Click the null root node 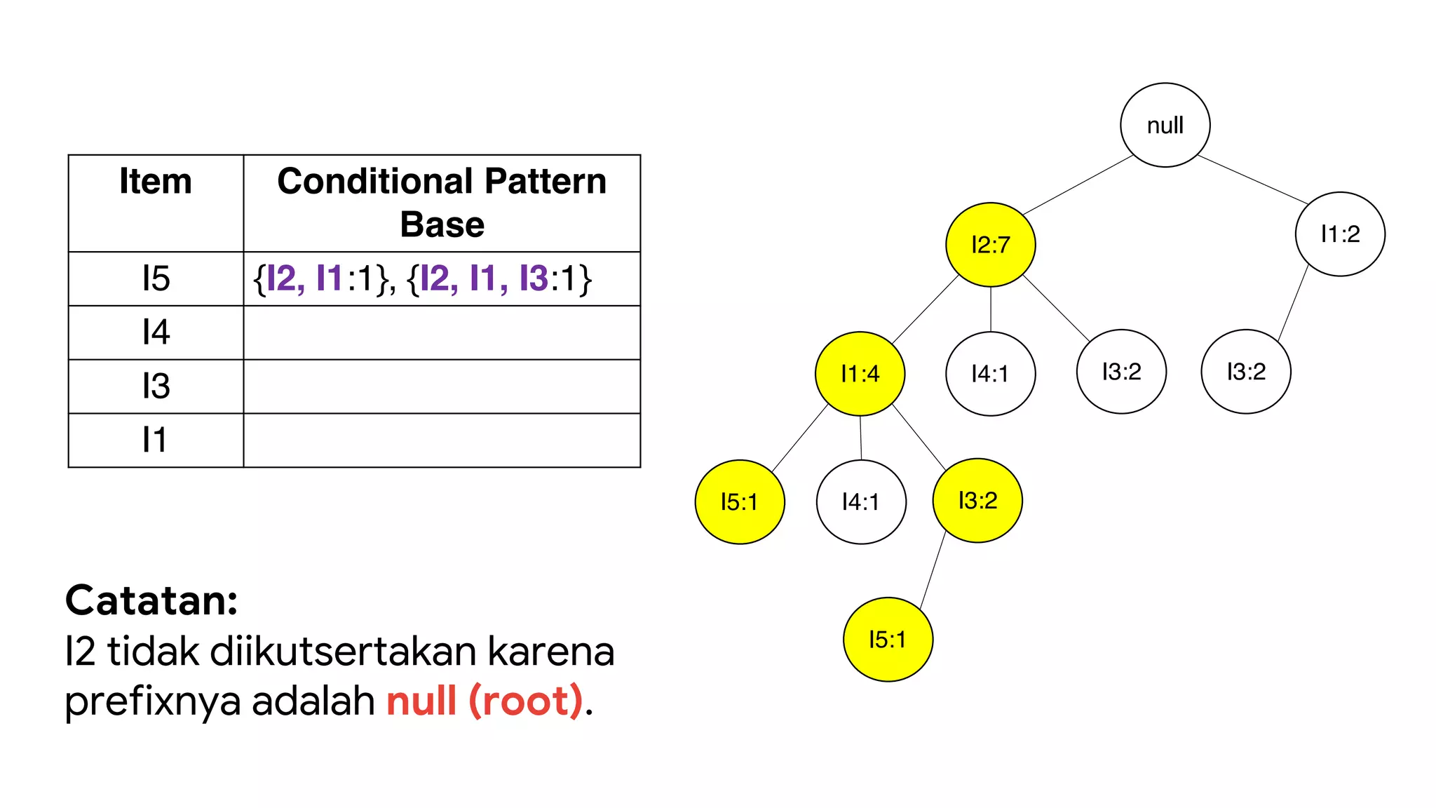[x=1165, y=125]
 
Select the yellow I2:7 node [x=990, y=244]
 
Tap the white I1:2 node [x=1339, y=234]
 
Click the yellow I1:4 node [x=860, y=373]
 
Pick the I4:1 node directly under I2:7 [x=990, y=373]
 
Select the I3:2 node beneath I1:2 [x=1245, y=371]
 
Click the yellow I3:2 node [x=977, y=500]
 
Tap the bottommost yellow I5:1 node [x=888, y=639]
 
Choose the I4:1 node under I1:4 [x=861, y=501]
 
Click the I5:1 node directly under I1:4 [x=740, y=501]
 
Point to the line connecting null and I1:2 [x=1252, y=179]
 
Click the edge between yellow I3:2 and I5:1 [x=933, y=570]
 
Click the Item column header [x=156, y=182]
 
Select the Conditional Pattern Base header [x=442, y=202]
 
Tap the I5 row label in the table [x=156, y=278]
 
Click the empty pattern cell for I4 [x=442, y=332]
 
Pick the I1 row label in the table [x=156, y=440]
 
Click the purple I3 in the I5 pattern [x=534, y=278]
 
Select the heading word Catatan [x=151, y=600]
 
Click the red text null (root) [x=485, y=700]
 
